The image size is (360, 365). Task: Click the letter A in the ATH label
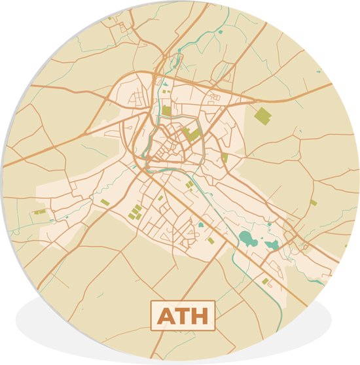pos(165,317)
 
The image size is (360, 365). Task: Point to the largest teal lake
pos(248,239)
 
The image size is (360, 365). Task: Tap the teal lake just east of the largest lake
pos(272,245)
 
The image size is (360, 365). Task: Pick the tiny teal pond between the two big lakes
pos(261,239)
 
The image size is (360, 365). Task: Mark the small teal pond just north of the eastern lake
pos(269,224)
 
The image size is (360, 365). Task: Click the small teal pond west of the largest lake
pos(201,225)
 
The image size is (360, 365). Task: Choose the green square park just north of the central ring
pos(166,111)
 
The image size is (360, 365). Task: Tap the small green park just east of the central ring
pos(225,158)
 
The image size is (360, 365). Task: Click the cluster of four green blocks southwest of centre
pos(135,212)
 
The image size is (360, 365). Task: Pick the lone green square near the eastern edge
pos(314,203)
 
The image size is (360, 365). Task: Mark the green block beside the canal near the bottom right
pos(266,281)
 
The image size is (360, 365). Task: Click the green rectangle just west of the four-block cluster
pos(105,203)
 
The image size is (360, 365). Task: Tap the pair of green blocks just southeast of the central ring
pos(190,184)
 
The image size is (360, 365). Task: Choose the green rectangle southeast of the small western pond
pos(211,241)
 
